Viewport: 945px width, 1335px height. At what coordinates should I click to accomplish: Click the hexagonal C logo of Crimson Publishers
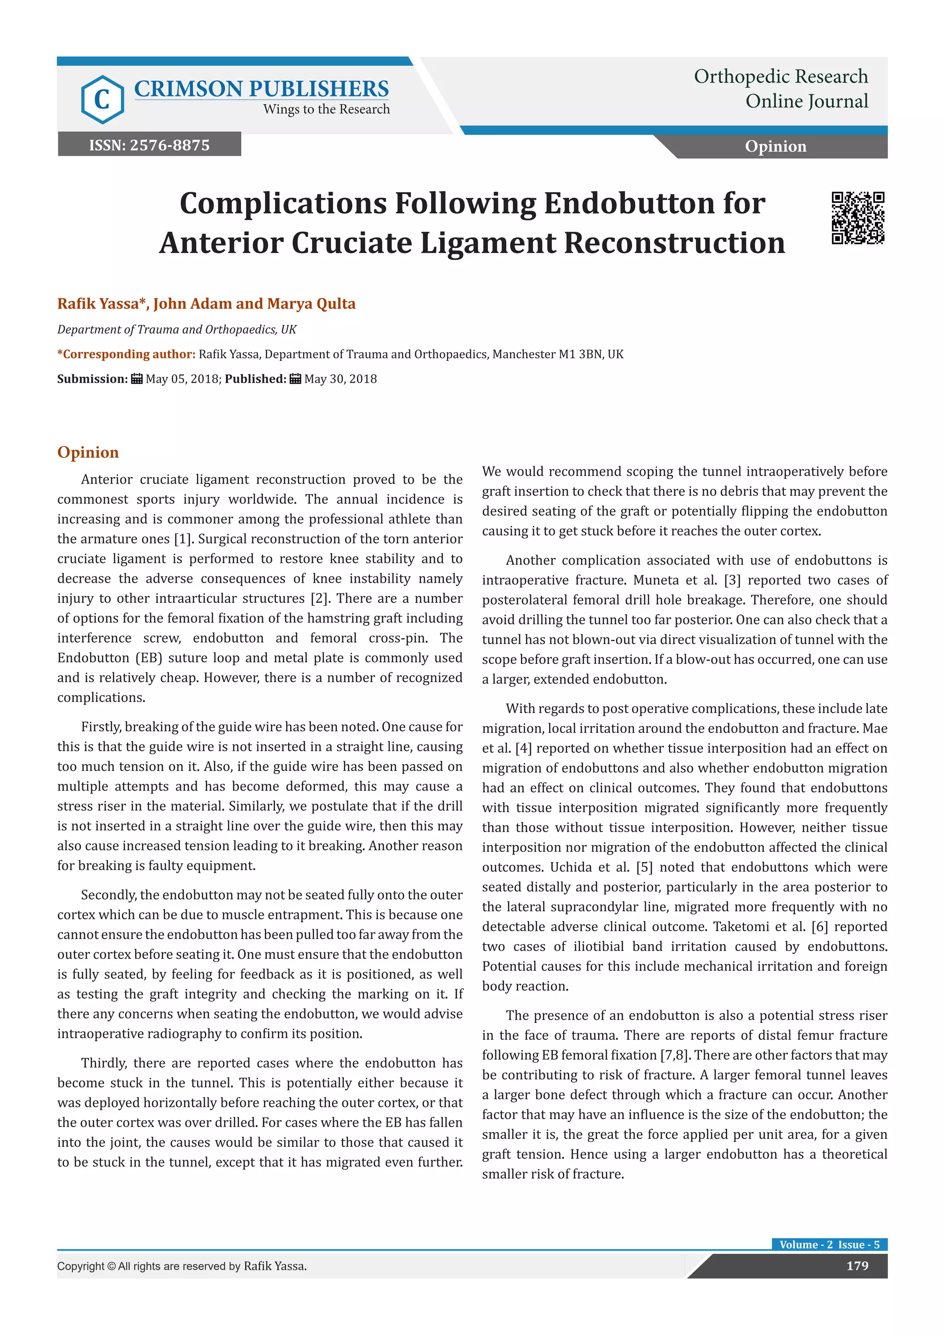102,100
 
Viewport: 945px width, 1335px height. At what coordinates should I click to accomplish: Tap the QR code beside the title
857,218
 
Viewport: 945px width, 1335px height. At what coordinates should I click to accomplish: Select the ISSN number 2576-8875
169,145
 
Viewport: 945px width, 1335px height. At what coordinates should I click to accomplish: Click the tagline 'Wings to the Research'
326,109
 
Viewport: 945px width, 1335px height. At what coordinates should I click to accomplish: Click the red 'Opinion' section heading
88,452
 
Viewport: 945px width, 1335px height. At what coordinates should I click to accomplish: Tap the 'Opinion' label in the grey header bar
775,147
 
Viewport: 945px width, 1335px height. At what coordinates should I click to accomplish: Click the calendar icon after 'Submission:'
137,379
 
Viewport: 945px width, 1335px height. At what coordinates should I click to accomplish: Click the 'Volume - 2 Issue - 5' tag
829,1244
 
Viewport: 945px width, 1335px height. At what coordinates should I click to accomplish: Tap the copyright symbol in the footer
111,1266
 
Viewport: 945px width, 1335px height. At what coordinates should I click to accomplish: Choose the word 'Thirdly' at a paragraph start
103,1063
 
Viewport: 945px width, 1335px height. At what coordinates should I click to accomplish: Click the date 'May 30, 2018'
341,379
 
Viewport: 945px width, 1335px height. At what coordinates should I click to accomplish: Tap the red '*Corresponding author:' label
126,354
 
